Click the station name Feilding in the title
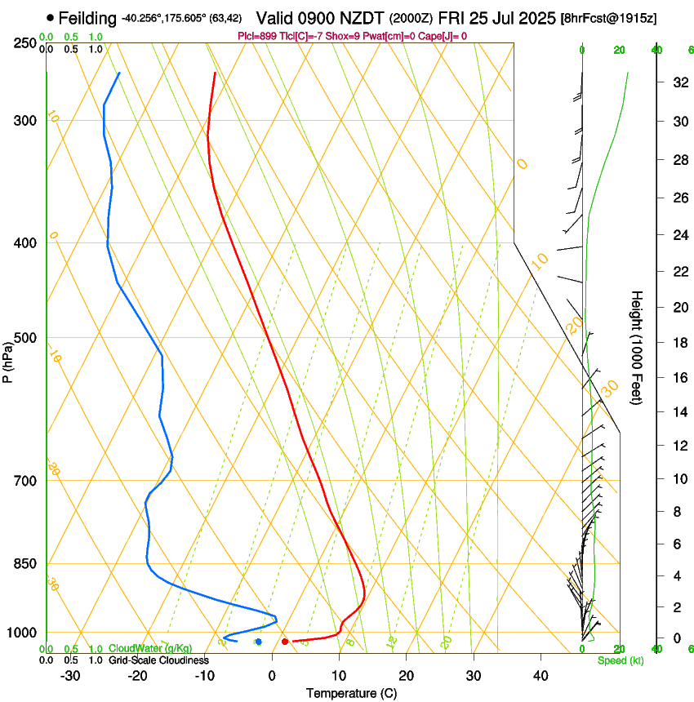click(x=87, y=18)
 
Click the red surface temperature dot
click(x=285, y=642)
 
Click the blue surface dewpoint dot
click(x=258, y=642)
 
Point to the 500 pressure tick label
click(x=24, y=338)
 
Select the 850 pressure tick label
click(x=24, y=564)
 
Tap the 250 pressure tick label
click(x=24, y=42)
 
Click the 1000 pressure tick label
click(x=22, y=633)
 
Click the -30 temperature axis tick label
click(x=70, y=675)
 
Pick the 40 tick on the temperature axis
click(x=540, y=675)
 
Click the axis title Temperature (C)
click(x=351, y=693)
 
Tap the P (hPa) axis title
click(x=7, y=361)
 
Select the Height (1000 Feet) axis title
click(x=637, y=347)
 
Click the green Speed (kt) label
click(x=620, y=660)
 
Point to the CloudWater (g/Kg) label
click(x=150, y=649)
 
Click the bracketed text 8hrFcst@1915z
click(x=609, y=18)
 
